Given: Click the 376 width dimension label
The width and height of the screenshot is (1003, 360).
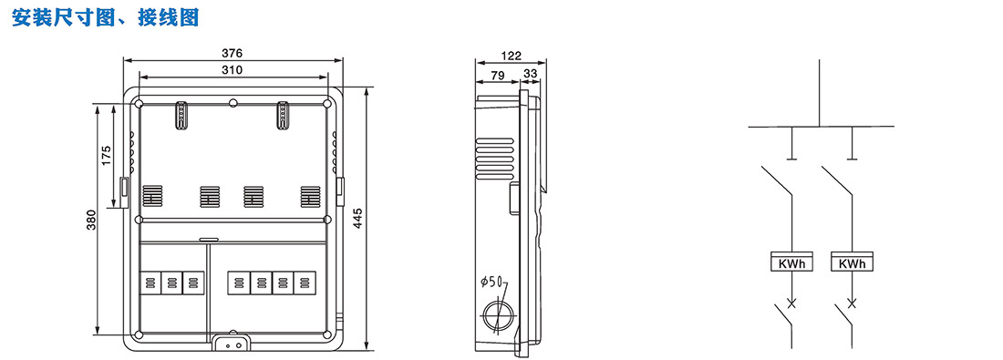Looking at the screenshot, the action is click(233, 53).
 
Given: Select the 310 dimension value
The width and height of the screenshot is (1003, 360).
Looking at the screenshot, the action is click(233, 69).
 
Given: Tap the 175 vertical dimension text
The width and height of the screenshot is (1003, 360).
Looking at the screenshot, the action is click(106, 155).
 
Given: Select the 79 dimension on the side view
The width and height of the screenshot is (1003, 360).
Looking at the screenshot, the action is click(497, 75).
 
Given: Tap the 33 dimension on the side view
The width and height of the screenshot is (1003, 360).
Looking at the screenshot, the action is click(531, 74).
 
